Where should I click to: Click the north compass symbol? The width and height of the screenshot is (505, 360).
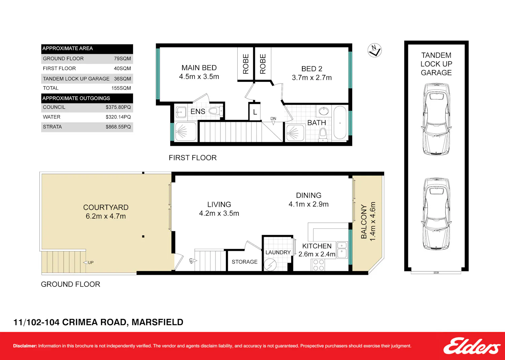pyautogui.click(x=374, y=50)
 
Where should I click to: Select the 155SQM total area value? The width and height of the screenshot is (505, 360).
pyautogui.click(x=121, y=88)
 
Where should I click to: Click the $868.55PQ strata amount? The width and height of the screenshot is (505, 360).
pyautogui.click(x=118, y=127)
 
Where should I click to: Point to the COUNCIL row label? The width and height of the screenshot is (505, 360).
pyautogui.click(x=54, y=107)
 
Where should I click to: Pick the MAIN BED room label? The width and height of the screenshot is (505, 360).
pyautogui.click(x=199, y=68)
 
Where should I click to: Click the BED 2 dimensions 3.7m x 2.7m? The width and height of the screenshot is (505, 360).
pyautogui.click(x=312, y=77)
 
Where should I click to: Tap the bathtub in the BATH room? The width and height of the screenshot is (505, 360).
pyautogui.click(x=340, y=123)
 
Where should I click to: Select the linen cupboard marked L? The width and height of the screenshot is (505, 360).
pyautogui.click(x=255, y=112)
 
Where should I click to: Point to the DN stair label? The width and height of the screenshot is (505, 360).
pyautogui.click(x=273, y=119)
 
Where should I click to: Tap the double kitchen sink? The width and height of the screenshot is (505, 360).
pyautogui.click(x=342, y=250)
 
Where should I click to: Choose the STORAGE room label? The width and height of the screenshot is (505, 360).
pyautogui.click(x=245, y=262)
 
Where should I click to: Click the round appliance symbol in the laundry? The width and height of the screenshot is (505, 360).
pyautogui.click(x=270, y=265)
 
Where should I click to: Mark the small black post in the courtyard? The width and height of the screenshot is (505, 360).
pyautogui.click(x=143, y=236)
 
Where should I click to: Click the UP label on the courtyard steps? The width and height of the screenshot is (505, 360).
pyautogui.click(x=91, y=263)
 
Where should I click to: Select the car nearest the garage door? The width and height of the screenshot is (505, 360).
pyautogui.click(x=436, y=214)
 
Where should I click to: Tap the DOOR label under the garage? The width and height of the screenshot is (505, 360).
pyautogui.click(x=436, y=273)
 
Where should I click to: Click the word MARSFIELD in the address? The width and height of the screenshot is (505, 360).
pyautogui.click(x=157, y=322)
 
